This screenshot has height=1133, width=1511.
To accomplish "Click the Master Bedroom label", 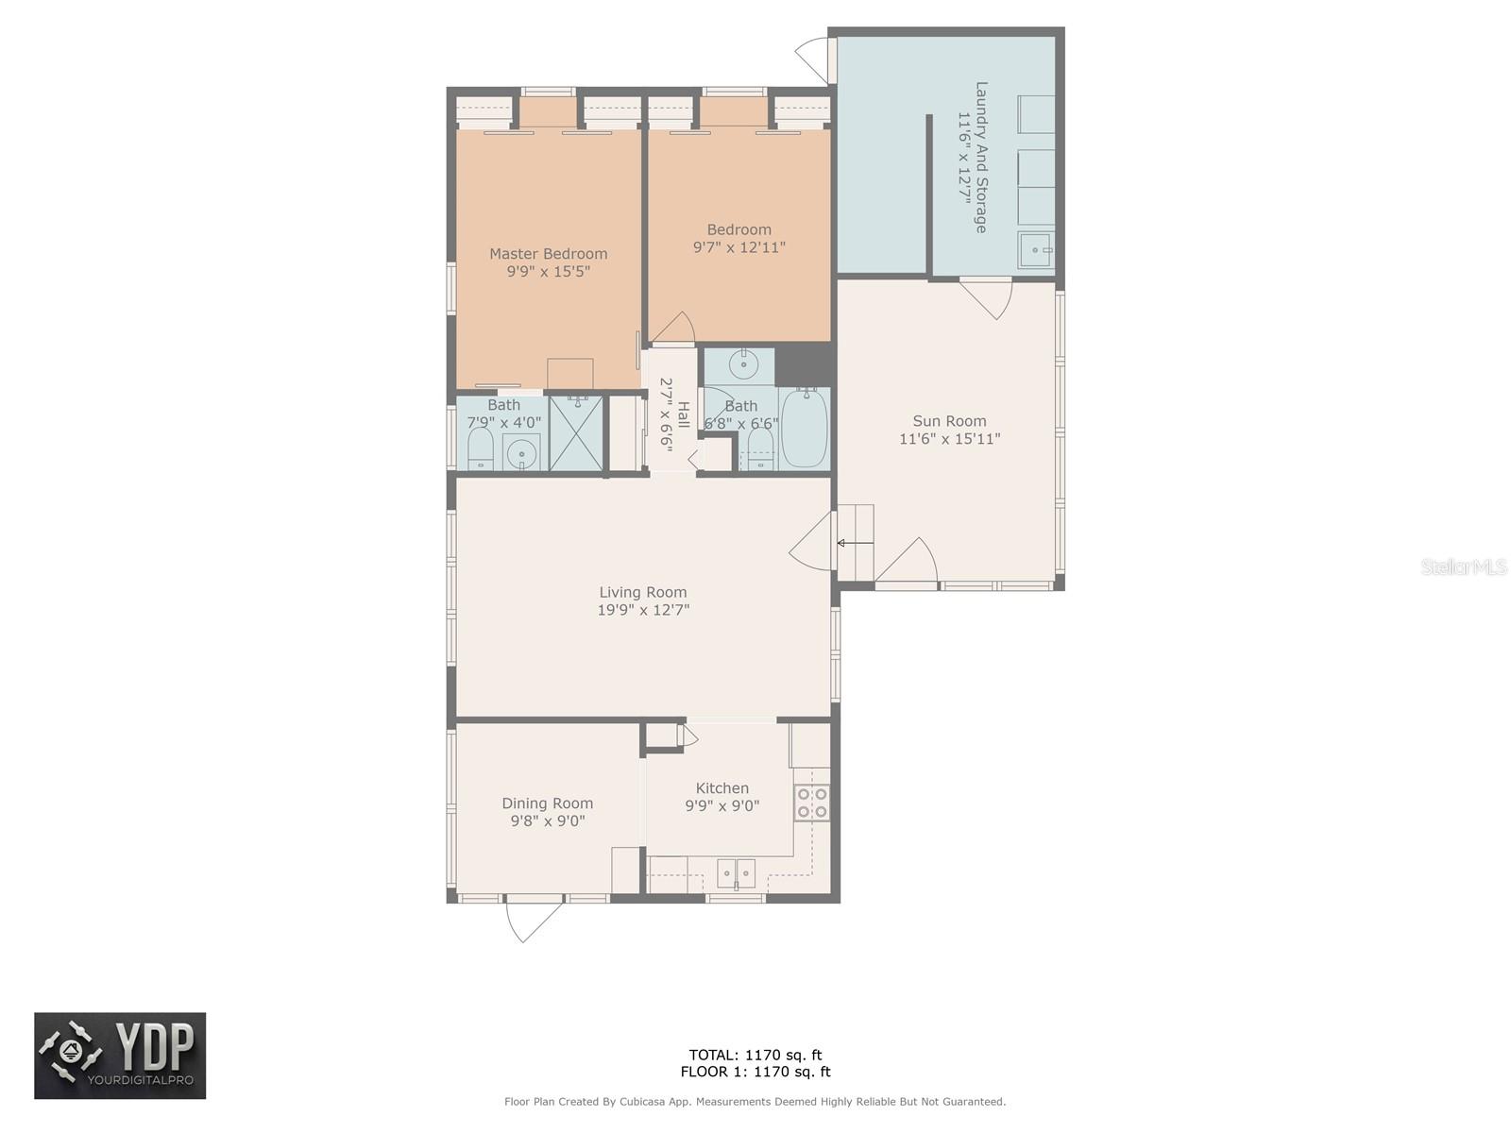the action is pyautogui.click(x=548, y=254).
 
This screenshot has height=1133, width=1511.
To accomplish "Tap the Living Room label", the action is pyautogui.click(x=642, y=592).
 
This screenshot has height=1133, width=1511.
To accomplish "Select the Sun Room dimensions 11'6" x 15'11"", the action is pyautogui.click(x=949, y=439).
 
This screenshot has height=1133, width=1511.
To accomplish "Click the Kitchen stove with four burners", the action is pyautogui.click(x=811, y=803).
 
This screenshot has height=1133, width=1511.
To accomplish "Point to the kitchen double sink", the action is pyautogui.click(x=736, y=873).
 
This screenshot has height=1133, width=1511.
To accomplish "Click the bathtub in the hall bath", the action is pyautogui.click(x=804, y=428).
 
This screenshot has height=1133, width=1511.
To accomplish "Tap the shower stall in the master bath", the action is pyautogui.click(x=576, y=433).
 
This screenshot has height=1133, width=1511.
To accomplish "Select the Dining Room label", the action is pyautogui.click(x=547, y=803).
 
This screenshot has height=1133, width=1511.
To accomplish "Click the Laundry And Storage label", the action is pyautogui.click(x=981, y=158).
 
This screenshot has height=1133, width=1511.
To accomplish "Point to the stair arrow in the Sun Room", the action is pyautogui.click(x=855, y=544).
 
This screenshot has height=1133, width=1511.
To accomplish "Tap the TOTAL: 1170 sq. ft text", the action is pyautogui.click(x=755, y=1056).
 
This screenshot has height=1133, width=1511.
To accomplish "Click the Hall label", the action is pyautogui.click(x=684, y=414).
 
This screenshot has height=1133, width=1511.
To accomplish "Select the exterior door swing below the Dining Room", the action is pyautogui.click(x=534, y=921).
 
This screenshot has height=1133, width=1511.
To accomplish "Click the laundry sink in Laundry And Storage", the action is pyautogui.click(x=1035, y=249).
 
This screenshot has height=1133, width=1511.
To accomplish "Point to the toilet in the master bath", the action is pyautogui.click(x=480, y=450).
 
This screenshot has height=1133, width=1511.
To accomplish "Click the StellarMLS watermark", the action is pyautogui.click(x=1464, y=566).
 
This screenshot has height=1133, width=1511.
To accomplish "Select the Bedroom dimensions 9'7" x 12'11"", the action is pyautogui.click(x=739, y=247).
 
